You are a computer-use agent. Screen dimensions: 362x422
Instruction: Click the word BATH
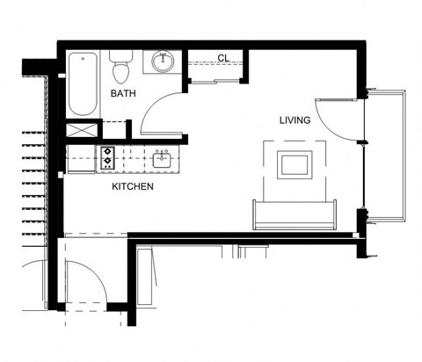tap(122, 93)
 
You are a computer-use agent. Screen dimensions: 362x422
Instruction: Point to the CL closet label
tap(222, 59)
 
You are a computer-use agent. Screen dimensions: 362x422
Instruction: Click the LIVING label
tap(295, 120)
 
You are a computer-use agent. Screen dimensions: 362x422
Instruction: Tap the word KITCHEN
tap(134, 187)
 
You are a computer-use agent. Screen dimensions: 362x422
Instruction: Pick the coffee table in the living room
tap(294, 164)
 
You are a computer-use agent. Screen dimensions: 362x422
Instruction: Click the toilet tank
tap(121, 55)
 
